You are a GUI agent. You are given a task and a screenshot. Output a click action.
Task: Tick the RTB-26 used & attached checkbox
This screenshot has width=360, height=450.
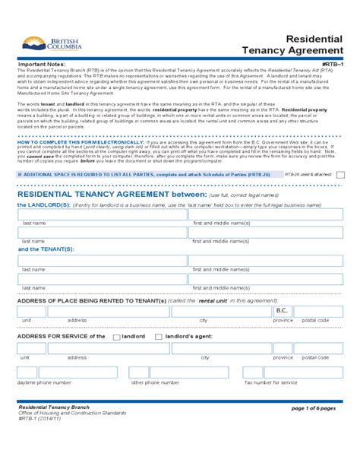coord(339,174)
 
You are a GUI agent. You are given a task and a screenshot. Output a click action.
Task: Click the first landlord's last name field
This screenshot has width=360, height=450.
coord(103,214)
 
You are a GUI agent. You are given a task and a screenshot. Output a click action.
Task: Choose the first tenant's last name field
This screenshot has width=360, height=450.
coord(103,261)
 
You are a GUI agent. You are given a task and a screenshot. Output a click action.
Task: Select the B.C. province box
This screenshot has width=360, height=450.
coord(282,312)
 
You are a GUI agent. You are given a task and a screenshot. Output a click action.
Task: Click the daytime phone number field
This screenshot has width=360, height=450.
coord(68,372)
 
